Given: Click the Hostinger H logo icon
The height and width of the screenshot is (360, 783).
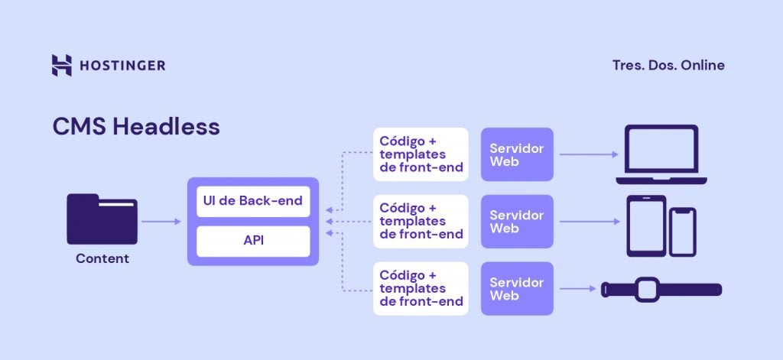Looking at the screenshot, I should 62,65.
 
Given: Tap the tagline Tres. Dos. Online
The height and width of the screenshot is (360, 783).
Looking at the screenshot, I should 668,65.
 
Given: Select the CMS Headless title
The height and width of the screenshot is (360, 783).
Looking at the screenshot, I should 136,127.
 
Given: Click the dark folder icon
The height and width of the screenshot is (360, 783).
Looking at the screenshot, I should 102,219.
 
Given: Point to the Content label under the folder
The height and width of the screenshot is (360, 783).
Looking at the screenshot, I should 102,258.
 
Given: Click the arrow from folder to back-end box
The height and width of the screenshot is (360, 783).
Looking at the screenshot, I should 161,222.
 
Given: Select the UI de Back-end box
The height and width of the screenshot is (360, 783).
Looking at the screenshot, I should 253,202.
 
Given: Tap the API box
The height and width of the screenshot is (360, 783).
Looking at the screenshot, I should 253,241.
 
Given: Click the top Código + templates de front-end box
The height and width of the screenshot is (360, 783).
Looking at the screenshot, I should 421,154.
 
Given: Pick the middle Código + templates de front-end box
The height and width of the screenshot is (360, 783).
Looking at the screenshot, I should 421,222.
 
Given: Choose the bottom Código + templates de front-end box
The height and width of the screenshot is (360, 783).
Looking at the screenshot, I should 421,289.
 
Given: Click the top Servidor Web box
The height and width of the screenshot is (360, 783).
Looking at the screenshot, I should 517,154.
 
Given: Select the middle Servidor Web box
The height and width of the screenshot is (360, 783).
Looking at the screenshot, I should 517,222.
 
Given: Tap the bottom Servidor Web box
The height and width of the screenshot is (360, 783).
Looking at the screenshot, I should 517,289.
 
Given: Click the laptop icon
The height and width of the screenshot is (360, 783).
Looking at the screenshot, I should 661,154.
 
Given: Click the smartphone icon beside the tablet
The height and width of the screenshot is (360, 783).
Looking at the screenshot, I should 683,232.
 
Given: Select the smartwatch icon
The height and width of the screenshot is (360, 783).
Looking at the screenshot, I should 661,290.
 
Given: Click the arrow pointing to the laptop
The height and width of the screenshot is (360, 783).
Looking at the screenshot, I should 588,154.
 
